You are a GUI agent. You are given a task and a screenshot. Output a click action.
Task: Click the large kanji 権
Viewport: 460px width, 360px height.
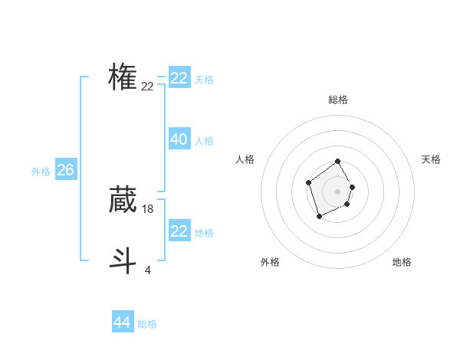123,77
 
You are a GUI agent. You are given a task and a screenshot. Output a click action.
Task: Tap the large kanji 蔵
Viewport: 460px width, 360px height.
123,200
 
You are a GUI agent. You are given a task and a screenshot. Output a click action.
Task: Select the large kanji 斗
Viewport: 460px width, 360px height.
123,260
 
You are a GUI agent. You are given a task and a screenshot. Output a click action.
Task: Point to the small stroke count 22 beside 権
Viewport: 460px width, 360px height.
147,87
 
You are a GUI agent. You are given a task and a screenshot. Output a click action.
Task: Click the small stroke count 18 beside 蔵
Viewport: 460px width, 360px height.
148,208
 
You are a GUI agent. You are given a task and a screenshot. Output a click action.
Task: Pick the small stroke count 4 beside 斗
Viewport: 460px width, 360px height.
147,270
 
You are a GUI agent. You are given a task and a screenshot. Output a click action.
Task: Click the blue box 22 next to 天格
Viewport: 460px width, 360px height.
179,78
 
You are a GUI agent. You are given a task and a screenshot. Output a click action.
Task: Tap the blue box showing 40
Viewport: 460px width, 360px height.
179,139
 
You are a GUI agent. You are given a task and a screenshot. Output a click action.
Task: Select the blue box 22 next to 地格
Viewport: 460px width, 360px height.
179,231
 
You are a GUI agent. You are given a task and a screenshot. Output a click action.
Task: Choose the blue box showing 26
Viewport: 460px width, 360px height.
65,170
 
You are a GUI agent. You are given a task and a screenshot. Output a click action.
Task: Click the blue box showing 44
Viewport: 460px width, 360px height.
122,322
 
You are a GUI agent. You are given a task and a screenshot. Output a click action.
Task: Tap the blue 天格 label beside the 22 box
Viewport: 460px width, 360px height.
204,79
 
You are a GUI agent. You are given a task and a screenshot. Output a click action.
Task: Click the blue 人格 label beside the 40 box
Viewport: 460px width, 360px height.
204,140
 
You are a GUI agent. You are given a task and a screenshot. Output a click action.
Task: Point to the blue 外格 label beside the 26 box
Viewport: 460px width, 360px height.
41,172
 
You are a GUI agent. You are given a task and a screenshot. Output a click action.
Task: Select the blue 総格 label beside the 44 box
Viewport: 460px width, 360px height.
147,324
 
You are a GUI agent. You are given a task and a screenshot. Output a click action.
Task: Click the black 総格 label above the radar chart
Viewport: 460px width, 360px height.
338,100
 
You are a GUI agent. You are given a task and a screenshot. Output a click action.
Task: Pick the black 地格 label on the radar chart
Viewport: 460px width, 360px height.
402,262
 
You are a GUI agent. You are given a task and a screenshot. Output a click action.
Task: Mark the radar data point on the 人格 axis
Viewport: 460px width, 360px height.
308,182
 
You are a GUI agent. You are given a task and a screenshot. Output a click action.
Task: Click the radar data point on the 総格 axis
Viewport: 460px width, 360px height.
338,162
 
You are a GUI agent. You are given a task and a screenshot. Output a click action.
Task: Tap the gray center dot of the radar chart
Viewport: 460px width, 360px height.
338,191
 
